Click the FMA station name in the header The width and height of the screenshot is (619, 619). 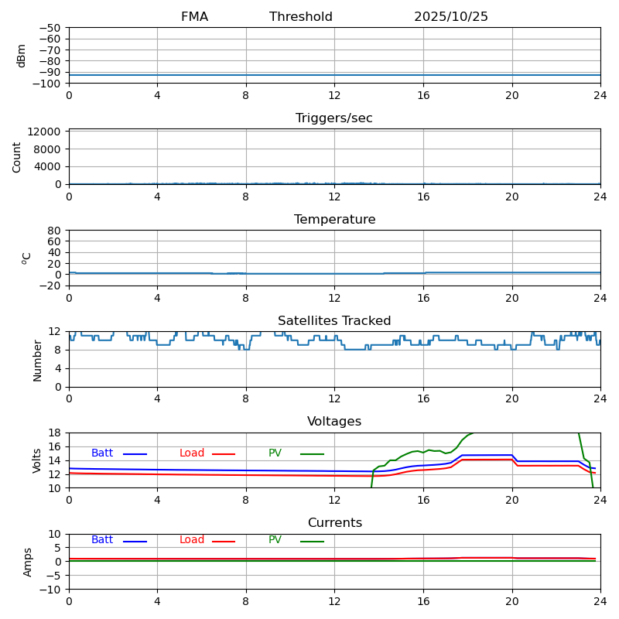click(194, 17)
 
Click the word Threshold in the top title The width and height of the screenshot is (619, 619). click(301, 17)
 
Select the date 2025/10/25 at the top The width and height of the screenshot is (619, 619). click(451, 17)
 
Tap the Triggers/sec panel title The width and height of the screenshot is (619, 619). click(334, 118)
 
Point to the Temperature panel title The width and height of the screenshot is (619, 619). click(334, 220)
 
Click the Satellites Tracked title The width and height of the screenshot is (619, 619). click(334, 321)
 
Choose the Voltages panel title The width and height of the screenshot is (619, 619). click(334, 422)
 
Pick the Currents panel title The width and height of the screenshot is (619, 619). click(334, 523)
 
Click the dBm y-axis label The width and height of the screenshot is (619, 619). click(22, 56)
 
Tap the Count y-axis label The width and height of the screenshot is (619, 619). click(17, 156)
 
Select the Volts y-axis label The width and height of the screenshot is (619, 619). click(37, 460)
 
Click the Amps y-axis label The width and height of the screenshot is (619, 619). click(28, 562)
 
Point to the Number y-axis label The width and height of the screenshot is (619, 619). click(37, 360)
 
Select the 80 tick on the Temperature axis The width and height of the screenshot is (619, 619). click(54, 231)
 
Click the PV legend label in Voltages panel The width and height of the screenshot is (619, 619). click(275, 453)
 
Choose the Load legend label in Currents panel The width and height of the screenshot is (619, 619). click(192, 540)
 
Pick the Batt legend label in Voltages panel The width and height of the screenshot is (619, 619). click(102, 453)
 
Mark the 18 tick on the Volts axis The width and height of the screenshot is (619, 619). click(56, 433)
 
